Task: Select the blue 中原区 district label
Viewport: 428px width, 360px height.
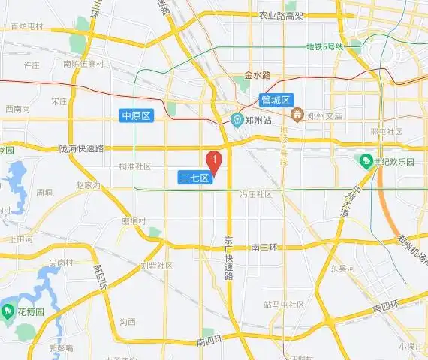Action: (x=137, y=115)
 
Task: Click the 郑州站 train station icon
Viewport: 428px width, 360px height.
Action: (x=236, y=118)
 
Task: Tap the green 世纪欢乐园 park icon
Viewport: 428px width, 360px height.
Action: (x=366, y=160)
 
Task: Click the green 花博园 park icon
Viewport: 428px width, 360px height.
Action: (x=10, y=309)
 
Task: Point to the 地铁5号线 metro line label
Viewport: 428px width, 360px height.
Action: (x=324, y=47)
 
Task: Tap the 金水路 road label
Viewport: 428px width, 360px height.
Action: (x=257, y=75)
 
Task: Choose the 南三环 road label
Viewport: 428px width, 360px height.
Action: (x=265, y=247)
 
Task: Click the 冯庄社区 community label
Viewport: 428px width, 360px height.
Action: (x=255, y=194)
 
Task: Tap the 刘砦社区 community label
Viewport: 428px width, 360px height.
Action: (x=157, y=265)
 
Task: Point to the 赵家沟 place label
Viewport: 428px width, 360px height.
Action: (x=88, y=184)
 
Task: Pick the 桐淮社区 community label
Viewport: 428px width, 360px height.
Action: (x=135, y=166)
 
